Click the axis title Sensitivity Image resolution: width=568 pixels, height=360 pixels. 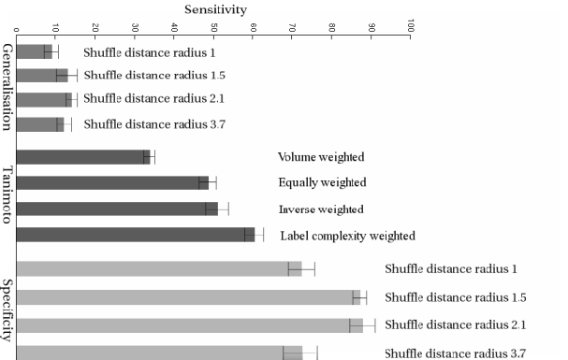point(214,7)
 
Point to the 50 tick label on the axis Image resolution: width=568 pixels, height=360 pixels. point(214,28)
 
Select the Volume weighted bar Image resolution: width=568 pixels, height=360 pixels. point(83,157)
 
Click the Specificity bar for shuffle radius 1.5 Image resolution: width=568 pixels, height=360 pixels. point(188,297)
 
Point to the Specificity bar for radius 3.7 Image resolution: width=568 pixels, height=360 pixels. point(159,353)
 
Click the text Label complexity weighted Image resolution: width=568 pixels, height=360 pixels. point(347,236)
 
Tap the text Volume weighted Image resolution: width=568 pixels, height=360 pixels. point(321,157)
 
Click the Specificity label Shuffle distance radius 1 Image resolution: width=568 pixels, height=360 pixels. point(450,269)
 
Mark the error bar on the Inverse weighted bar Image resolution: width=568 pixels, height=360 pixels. point(217,209)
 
